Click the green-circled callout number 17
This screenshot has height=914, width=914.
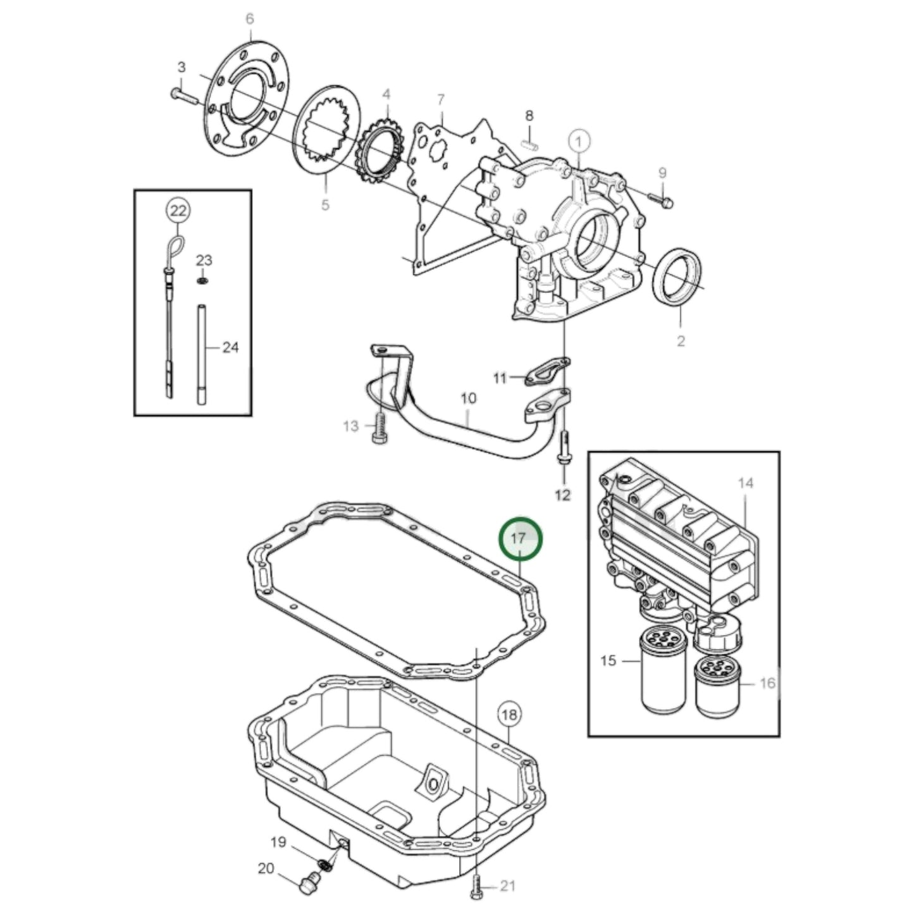[520, 539]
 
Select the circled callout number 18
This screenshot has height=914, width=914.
[509, 715]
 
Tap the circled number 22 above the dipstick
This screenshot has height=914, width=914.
[178, 210]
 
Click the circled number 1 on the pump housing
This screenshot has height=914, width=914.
[579, 139]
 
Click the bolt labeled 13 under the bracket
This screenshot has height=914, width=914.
[380, 429]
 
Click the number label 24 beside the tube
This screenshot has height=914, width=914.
[230, 347]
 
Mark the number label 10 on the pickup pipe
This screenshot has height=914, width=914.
[468, 398]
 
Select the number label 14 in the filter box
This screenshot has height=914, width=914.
[746, 483]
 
